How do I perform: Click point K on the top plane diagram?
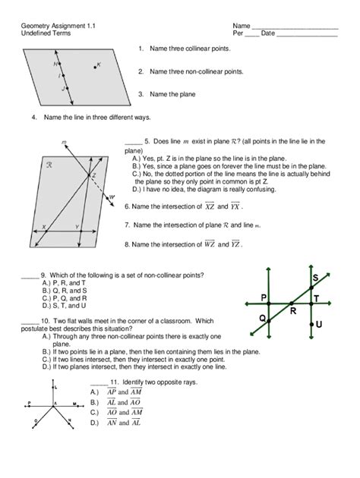pyautogui.click(x=93, y=66)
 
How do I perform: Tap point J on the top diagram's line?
pyautogui.click(x=66, y=89)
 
